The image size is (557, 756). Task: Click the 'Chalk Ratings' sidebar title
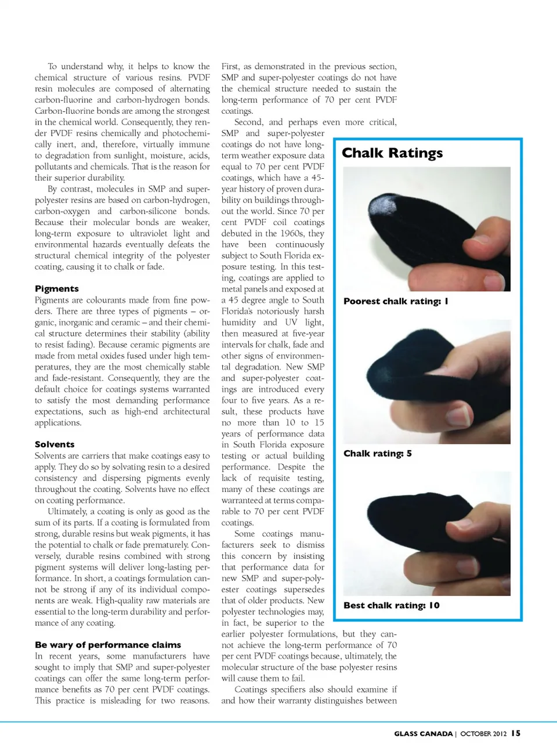tap(392, 153)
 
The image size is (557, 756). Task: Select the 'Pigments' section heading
tap(57, 289)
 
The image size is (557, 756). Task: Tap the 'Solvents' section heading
tap(55, 444)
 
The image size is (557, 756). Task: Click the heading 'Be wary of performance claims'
tap(108, 645)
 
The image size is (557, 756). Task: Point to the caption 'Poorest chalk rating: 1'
tap(396, 301)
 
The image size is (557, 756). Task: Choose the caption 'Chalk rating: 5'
tap(378, 454)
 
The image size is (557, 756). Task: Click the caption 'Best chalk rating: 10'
tap(392, 606)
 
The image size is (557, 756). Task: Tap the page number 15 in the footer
tap(516, 733)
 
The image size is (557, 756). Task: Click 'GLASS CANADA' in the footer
tap(423, 734)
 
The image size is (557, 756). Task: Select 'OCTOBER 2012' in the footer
tap(484, 734)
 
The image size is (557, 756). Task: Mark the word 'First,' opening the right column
tap(231, 67)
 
